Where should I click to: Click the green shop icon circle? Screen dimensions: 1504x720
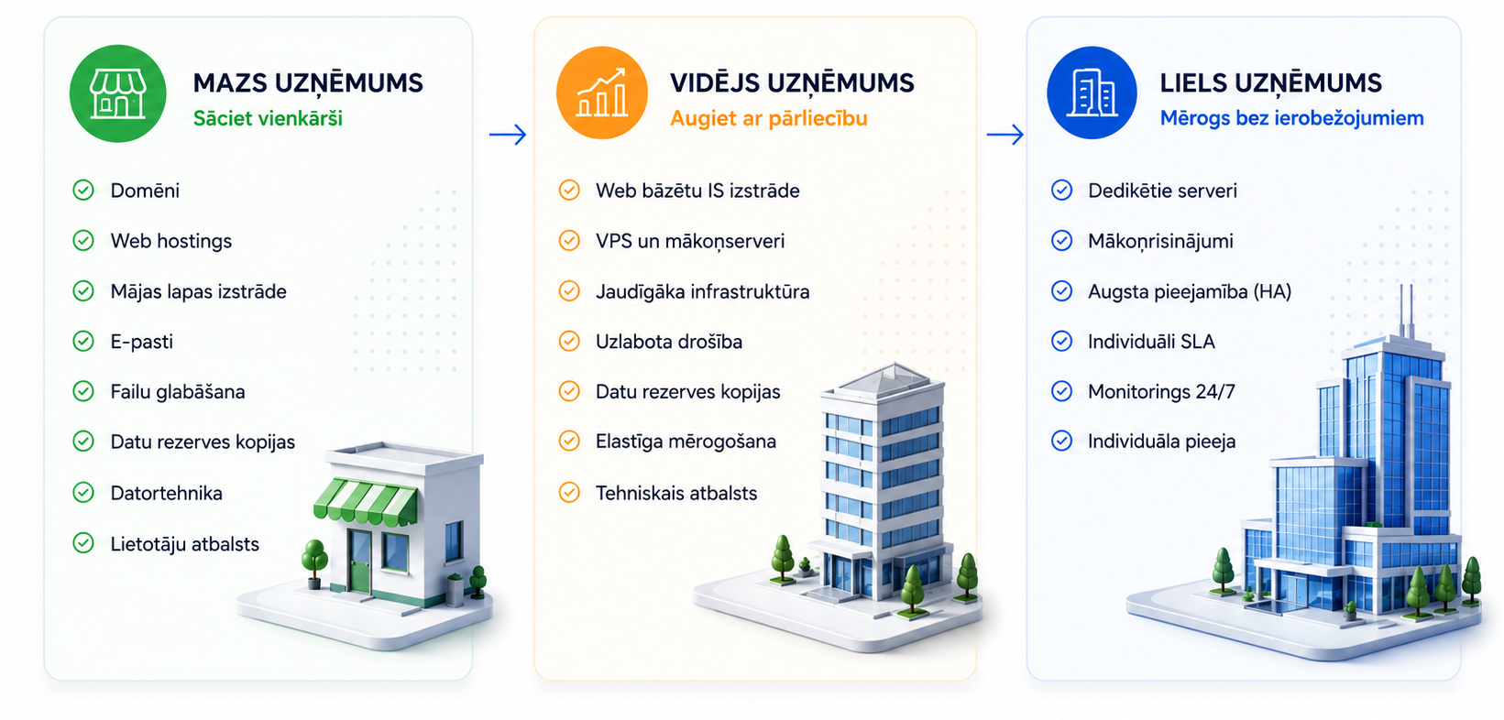pos(118,93)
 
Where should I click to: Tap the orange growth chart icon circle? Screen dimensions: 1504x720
pos(602,93)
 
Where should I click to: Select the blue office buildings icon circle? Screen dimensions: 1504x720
pos(1092,93)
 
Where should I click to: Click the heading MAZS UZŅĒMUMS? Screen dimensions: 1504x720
pos(308,83)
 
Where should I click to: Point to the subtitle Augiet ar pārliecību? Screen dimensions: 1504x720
pos(769,119)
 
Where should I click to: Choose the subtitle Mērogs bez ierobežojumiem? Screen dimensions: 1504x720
pos(1292,118)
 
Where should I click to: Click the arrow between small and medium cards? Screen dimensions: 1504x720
pos(508,135)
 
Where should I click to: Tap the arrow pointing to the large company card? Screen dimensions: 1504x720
pos(1005,135)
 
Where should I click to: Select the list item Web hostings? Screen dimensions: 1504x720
pos(171,241)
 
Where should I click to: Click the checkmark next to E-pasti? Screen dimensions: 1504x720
pos(83,341)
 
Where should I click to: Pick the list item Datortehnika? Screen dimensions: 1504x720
pos(167,493)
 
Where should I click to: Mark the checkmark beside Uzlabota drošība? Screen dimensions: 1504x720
pos(569,341)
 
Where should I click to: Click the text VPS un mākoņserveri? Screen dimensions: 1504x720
pos(690,241)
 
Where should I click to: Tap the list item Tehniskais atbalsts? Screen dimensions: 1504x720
pos(676,493)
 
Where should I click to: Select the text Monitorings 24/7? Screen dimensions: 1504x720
pos(1161,391)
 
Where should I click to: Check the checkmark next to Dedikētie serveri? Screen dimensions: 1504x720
pos(1061,191)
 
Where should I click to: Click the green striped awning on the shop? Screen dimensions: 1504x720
pos(366,501)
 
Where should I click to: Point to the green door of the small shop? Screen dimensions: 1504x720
pos(360,562)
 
